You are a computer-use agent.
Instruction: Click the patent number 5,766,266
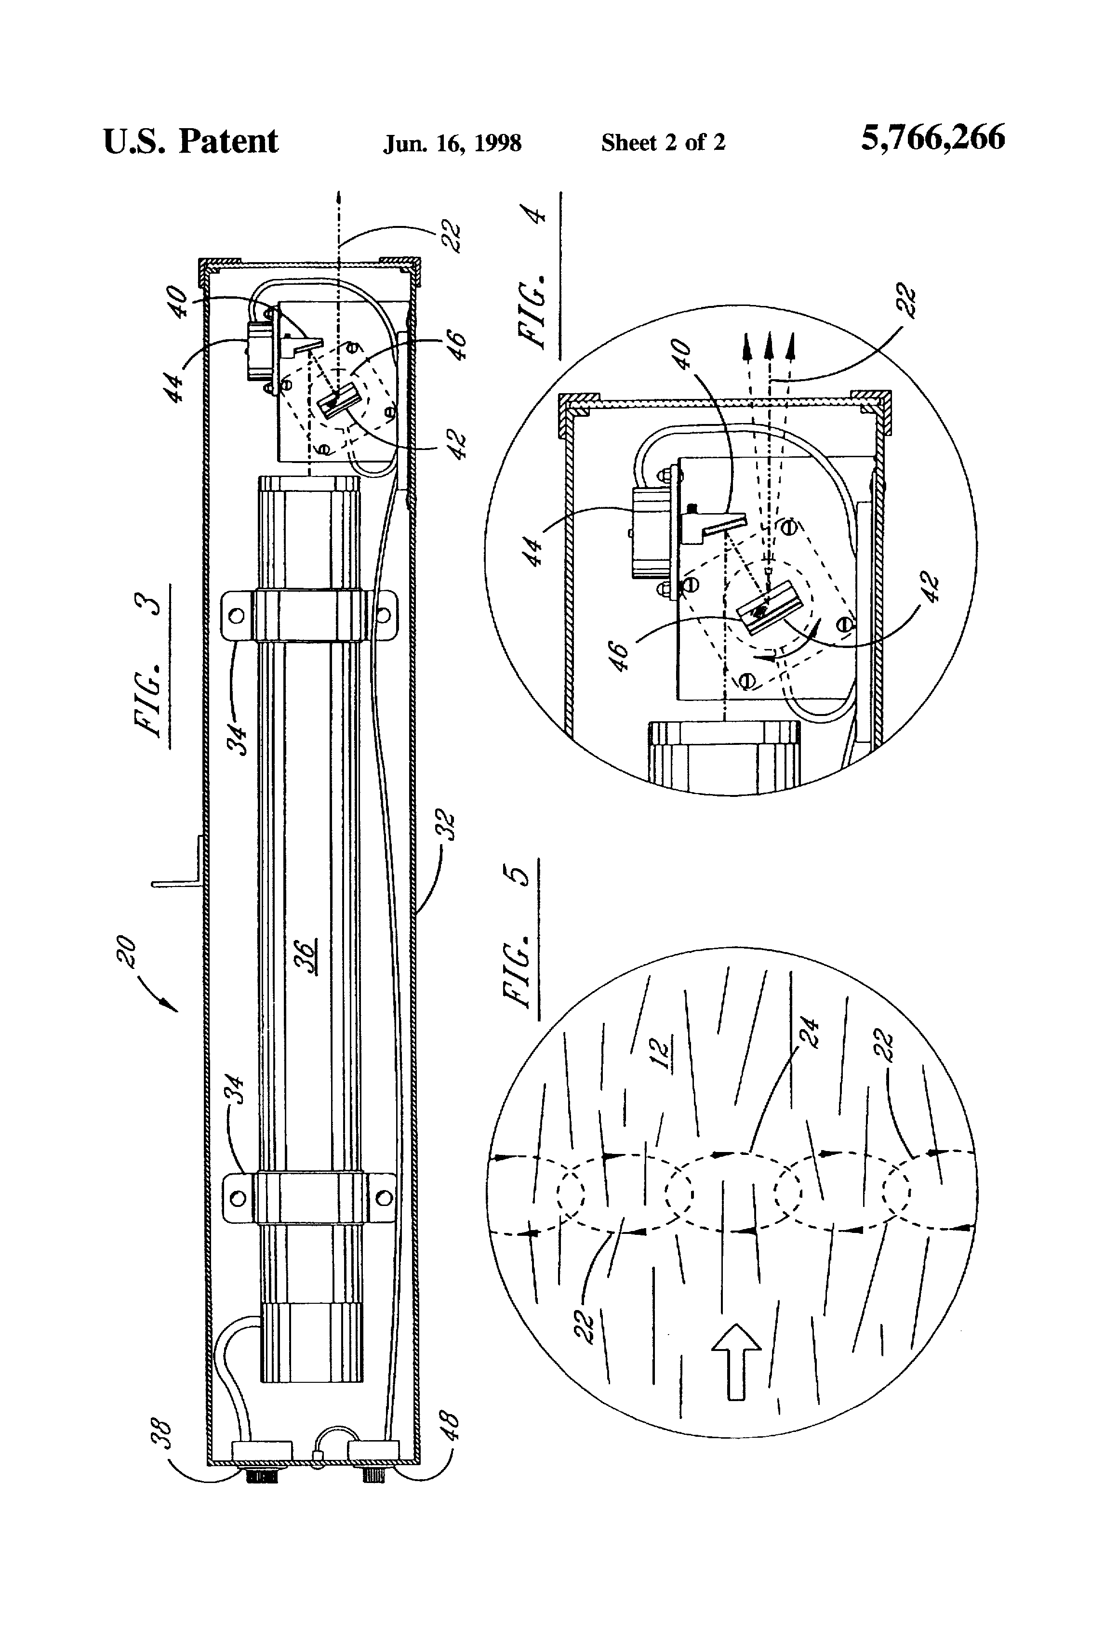932,138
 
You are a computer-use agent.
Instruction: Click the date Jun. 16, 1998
453,144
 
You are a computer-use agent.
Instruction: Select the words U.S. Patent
191,141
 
